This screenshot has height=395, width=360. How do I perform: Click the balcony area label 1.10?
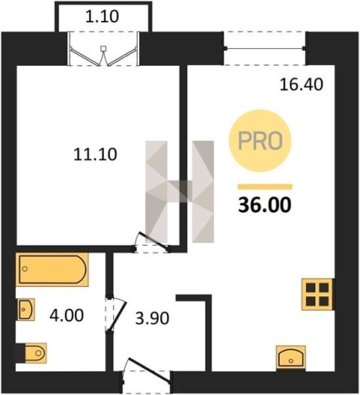click(102, 16)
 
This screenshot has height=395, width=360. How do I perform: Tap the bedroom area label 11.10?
click(95, 154)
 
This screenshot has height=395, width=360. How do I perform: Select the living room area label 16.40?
click(301, 84)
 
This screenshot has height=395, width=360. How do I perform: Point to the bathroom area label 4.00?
click(67, 316)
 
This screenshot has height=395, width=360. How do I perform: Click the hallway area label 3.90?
click(153, 319)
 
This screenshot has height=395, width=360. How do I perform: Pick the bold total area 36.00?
click(265, 205)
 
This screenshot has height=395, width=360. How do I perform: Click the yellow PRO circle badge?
click(261, 141)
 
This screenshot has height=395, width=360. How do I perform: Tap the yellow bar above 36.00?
click(265, 187)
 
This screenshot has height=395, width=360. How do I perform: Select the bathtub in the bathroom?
click(52, 269)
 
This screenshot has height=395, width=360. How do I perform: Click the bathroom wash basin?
click(26, 309)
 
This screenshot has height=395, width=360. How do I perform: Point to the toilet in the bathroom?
click(31, 352)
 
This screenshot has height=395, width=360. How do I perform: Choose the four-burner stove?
click(318, 295)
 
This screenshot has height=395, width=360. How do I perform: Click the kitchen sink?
click(291, 357)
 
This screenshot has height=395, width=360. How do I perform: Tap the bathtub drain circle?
click(24, 269)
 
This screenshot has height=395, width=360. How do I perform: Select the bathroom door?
click(116, 313)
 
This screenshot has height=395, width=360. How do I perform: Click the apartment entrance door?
click(147, 373)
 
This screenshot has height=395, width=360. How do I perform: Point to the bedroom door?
click(152, 242)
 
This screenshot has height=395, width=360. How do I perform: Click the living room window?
click(265, 48)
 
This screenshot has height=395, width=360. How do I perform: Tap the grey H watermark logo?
click(180, 192)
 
